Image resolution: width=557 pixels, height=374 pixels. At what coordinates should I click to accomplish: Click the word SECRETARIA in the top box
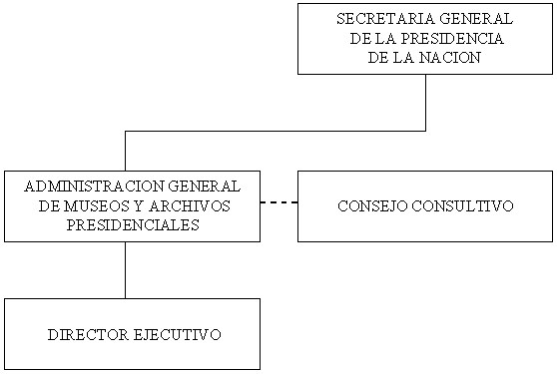pyautogui.click(x=380, y=19)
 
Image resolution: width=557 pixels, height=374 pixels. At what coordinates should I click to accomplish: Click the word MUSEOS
pyautogui.click(x=97, y=205)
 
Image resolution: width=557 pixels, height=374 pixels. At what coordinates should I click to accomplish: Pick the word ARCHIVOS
pyautogui.click(x=190, y=205)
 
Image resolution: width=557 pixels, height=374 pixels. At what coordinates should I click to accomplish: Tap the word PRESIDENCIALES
pyautogui.click(x=133, y=225)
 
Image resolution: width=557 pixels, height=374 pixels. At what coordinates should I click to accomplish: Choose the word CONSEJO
pyautogui.click(x=372, y=206)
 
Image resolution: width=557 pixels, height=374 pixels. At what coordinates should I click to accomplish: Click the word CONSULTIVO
pyautogui.click(x=462, y=206)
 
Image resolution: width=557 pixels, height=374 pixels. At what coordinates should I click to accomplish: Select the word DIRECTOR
pyautogui.click(x=88, y=335)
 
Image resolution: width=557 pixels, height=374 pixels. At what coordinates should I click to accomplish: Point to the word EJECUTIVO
pyautogui.click(x=178, y=335)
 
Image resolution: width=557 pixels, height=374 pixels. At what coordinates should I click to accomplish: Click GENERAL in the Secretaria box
pyautogui.click(x=471, y=19)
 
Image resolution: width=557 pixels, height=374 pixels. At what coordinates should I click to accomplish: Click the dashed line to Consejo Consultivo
pyautogui.click(x=278, y=202)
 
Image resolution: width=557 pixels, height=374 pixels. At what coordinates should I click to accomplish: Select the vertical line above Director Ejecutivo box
pyautogui.click(x=126, y=270)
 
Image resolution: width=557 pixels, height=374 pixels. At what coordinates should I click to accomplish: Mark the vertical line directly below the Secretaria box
pyautogui.click(x=425, y=103)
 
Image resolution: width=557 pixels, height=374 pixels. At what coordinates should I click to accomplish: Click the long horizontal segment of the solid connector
pyautogui.click(x=276, y=132)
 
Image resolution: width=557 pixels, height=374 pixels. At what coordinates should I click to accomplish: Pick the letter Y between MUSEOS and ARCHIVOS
pyautogui.click(x=140, y=205)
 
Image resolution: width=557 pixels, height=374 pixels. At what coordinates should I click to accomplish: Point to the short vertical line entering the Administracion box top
pyautogui.click(x=126, y=152)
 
